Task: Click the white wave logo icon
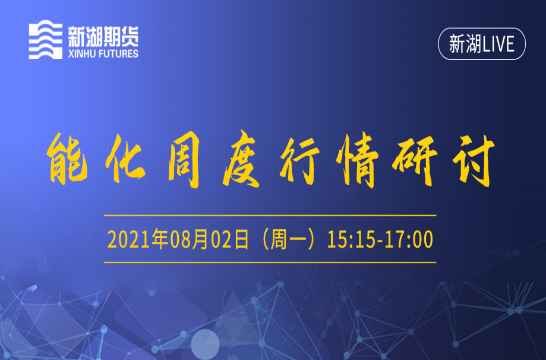tap(45, 39)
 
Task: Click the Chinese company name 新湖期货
tap(103, 37)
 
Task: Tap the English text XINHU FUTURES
tap(103, 53)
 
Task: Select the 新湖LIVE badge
tap(482, 44)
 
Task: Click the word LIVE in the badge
tap(498, 44)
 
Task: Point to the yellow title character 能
tap(68, 159)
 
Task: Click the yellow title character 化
tap(125, 159)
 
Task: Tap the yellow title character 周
tap(184, 160)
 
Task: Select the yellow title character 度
tap(241, 159)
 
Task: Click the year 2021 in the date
tap(129, 239)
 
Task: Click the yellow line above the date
tap(270, 216)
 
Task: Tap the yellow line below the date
tap(270, 263)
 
